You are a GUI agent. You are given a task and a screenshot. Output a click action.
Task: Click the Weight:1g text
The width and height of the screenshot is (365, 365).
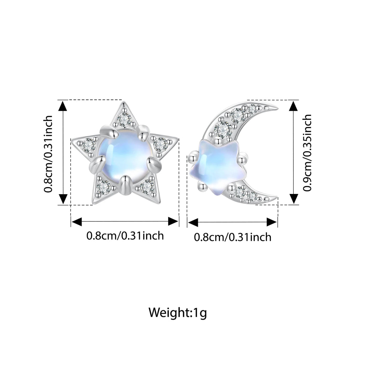(178, 312)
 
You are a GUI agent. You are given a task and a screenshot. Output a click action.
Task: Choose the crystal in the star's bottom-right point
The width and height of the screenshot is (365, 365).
(147, 186)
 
